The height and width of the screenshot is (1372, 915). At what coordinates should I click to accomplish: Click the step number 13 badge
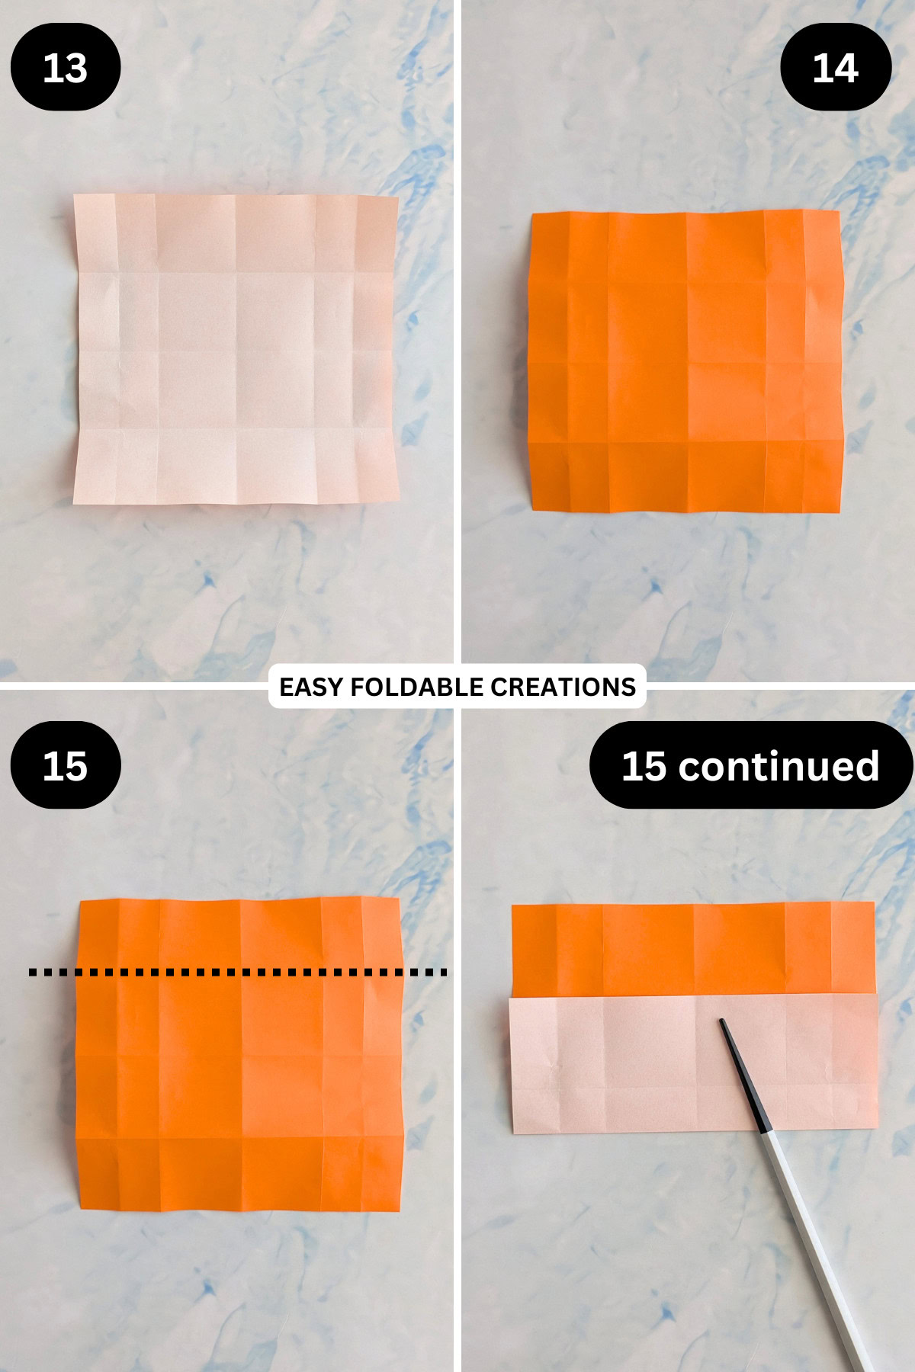[x=66, y=68]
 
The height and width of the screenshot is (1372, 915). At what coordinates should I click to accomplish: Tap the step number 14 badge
[x=836, y=68]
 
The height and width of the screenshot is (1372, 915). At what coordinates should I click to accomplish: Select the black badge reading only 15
[x=66, y=765]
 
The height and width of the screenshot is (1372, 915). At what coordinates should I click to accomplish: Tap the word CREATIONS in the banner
[x=563, y=687]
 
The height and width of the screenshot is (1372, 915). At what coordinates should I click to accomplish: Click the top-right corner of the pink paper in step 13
[x=397, y=198]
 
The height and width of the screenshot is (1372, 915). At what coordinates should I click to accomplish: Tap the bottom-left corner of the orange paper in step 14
[x=530, y=509]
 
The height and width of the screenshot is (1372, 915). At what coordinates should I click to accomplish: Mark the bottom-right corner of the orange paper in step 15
[x=400, y=1209]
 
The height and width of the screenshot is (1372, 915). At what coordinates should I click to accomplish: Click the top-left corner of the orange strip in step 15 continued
[x=512, y=906]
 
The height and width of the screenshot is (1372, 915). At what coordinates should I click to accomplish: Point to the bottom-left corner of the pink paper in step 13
[x=74, y=502]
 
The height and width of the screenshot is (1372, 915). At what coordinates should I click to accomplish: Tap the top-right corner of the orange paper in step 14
[x=839, y=212]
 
